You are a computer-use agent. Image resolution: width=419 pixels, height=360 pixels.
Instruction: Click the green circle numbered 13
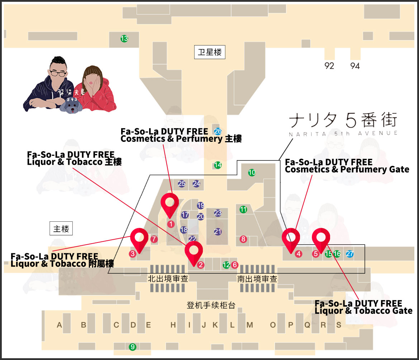point(124,39)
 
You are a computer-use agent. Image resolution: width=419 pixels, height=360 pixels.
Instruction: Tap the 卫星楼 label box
point(210,52)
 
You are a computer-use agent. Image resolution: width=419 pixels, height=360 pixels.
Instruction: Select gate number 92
point(329,66)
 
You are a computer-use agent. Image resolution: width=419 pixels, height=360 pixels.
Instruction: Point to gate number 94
point(355,66)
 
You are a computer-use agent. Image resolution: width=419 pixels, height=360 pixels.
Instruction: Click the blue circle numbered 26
point(218,131)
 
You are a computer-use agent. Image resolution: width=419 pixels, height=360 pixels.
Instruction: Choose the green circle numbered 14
point(218,165)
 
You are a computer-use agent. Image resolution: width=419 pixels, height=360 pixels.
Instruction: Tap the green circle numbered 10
point(252,173)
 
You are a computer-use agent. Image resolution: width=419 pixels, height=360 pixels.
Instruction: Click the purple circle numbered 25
point(182,184)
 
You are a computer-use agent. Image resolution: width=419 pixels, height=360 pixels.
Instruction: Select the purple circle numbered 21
point(218,232)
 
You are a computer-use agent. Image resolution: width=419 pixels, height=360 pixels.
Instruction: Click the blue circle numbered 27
point(350,254)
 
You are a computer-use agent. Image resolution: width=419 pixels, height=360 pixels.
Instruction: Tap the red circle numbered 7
point(154,239)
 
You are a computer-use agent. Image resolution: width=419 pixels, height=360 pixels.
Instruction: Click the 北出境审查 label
point(168,279)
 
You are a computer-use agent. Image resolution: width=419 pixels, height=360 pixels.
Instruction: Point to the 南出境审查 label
point(257,279)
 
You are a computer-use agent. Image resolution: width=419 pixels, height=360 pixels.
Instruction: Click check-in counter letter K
point(215,325)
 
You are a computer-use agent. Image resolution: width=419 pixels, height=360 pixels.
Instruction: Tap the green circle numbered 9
point(133,347)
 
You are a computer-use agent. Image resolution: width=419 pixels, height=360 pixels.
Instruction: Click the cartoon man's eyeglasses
point(58,73)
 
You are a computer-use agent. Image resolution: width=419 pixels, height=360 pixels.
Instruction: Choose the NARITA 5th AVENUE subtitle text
point(343,133)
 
